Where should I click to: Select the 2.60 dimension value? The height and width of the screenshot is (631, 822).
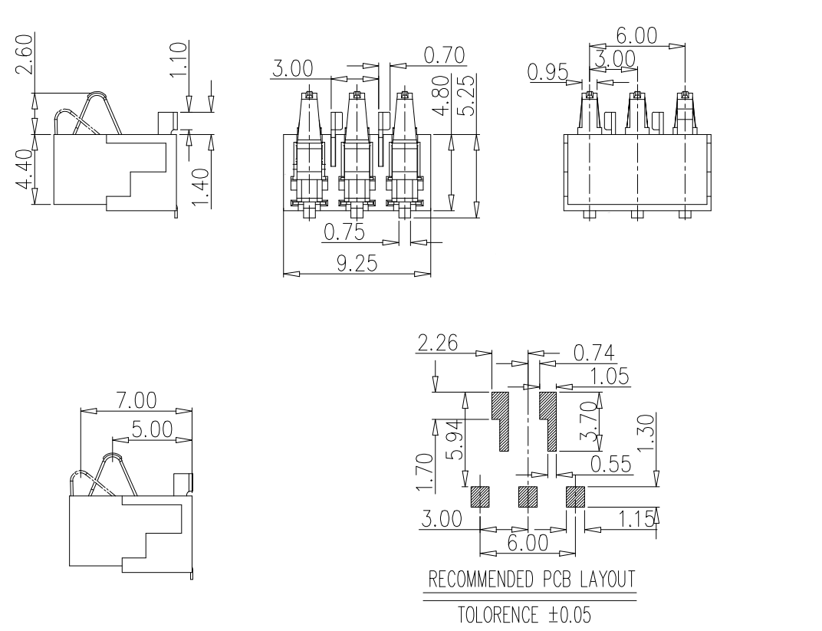(x=25, y=55)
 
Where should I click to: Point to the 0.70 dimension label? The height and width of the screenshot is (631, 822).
(x=444, y=54)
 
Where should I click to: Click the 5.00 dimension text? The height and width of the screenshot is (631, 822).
(x=151, y=429)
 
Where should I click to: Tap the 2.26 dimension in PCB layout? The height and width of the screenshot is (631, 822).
(x=437, y=343)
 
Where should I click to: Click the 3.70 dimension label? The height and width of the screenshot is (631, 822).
(x=588, y=422)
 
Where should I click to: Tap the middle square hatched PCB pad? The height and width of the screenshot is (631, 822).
(x=528, y=497)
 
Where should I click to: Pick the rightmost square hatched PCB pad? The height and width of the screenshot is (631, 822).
(x=575, y=497)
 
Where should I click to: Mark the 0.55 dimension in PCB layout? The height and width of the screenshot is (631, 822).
(x=610, y=463)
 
